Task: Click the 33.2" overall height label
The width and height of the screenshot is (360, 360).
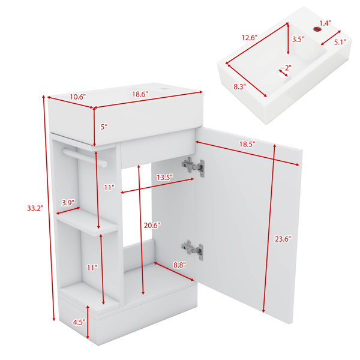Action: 35,208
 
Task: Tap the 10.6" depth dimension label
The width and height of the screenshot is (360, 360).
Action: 78,97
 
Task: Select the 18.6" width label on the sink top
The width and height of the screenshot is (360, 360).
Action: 140,94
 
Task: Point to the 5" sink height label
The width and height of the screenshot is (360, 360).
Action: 104,127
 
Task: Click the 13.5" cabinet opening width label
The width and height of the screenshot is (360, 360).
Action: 164,177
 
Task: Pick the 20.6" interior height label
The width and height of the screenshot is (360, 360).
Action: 152,226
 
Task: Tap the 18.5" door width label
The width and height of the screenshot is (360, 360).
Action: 247,144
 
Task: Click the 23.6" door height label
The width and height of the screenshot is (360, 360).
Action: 283,239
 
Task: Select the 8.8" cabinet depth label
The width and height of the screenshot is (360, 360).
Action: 179,265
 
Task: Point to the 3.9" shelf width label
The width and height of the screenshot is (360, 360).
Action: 68,203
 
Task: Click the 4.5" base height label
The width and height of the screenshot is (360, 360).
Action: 79,322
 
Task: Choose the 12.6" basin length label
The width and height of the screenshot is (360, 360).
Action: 250,38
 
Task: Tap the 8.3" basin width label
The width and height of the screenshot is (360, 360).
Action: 239,86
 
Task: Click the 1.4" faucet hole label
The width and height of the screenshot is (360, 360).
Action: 325,23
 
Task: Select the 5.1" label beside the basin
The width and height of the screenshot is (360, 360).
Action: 340,42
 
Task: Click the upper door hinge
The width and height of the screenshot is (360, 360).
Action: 193,166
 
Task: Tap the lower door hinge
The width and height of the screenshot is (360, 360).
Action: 193,250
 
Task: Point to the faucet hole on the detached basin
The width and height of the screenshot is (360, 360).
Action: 317,29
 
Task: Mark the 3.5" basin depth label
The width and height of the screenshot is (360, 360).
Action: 298,39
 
